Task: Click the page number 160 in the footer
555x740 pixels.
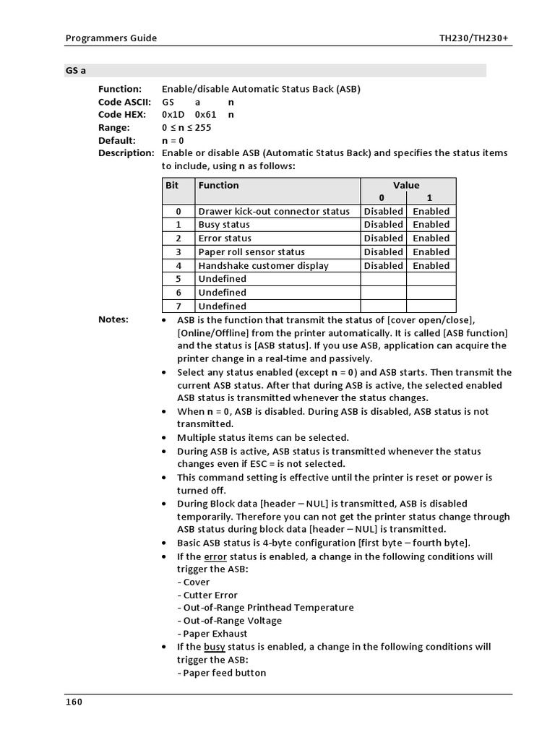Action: click(x=74, y=702)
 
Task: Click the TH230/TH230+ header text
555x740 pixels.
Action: click(x=476, y=38)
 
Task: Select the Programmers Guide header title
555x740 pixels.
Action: click(x=111, y=38)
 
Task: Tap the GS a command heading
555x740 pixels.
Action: click(x=76, y=71)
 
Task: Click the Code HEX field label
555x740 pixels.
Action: click(x=122, y=114)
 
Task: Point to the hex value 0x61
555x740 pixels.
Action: click(x=207, y=114)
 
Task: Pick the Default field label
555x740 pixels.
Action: click(x=117, y=140)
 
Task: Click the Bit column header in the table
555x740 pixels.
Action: click(x=172, y=185)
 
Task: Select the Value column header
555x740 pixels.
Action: click(x=406, y=185)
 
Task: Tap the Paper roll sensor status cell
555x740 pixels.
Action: click(x=251, y=252)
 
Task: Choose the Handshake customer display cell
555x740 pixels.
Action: click(x=263, y=265)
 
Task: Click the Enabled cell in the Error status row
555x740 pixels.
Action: click(x=431, y=238)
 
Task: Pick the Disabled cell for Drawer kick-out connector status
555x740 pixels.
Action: click(x=383, y=212)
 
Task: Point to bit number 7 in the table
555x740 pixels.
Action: click(x=178, y=306)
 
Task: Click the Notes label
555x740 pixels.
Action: click(x=113, y=319)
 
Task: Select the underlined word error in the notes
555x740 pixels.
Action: click(x=215, y=556)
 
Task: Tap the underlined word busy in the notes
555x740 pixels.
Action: click(x=215, y=647)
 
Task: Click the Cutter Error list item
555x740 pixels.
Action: click(x=210, y=595)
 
